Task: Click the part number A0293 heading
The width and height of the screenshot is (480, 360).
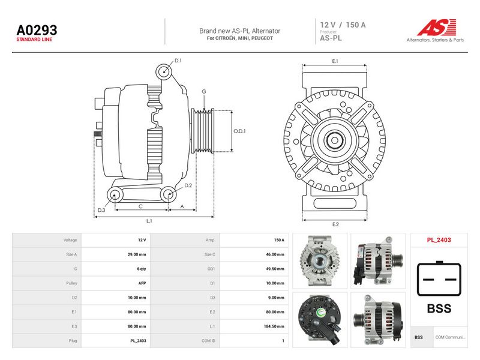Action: pyautogui.click(x=37, y=30)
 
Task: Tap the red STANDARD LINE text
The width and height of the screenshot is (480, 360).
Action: pyautogui.click(x=34, y=40)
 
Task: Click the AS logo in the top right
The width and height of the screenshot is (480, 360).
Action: pyautogui.click(x=436, y=31)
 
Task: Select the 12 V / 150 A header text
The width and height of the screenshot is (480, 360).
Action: pyautogui.click(x=343, y=25)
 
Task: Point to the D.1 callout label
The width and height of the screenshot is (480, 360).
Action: pyautogui.click(x=178, y=61)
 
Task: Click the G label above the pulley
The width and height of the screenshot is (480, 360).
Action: pyautogui.click(x=204, y=91)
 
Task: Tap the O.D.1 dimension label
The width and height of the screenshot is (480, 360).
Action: pyautogui.click(x=239, y=131)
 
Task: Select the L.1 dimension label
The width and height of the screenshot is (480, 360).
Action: pyautogui.click(x=149, y=221)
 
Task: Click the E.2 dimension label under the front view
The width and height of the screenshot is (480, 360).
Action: pyautogui.click(x=335, y=224)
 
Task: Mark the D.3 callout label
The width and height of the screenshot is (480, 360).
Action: pyautogui.click(x=101, y=210)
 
